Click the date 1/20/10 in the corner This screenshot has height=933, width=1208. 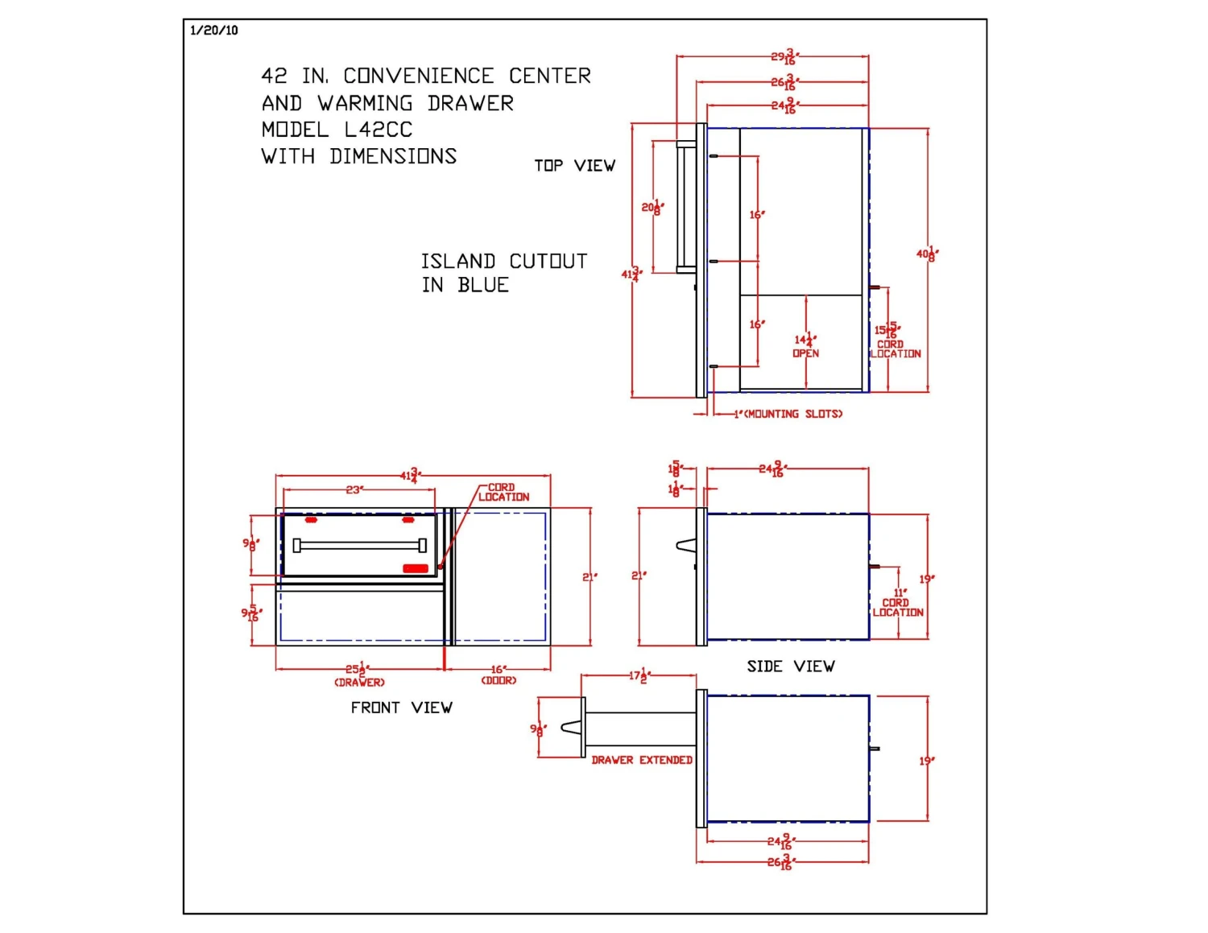[x=214, y=31]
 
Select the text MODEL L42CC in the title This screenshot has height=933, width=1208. [x=337, y=130]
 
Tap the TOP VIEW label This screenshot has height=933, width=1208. [x=574, y=166]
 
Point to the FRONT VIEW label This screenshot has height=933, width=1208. [x=401, y=708]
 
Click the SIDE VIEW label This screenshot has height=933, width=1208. [x=790, y=667]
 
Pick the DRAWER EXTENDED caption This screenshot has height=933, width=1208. [x=642, y=760]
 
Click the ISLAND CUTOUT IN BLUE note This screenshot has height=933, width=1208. [x=503, y=273]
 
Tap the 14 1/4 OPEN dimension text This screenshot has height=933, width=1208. [x=805, y=346]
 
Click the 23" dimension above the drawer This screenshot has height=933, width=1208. [x=354, y=489]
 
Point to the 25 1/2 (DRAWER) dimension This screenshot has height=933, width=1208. [x=359, y=675]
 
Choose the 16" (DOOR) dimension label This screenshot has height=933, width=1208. [x=499, y=675]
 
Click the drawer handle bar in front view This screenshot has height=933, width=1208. [x=359, y=546]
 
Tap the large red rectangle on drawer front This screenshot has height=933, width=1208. [x=416, y=568]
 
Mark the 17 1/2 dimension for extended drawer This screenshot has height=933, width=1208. [x=639, y=675]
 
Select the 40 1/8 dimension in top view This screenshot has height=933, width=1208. [x=927, y=254]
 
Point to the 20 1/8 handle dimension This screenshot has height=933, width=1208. [x=652, y=208]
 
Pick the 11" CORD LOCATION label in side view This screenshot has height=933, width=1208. [x=898, y=603]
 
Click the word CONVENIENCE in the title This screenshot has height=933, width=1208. [x=418, y=76]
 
